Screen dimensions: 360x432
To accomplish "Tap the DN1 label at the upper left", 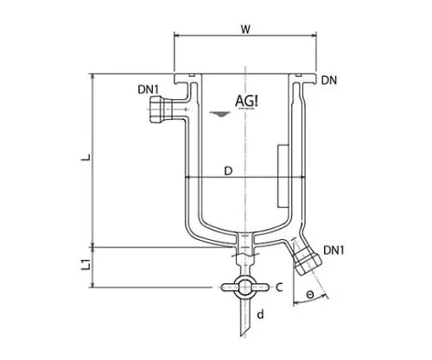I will [148, 90].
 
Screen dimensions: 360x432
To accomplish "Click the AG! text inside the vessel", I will [249, 101].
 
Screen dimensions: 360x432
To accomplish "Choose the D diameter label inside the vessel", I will [228, 171].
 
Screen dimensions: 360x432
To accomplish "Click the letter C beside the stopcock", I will [281, 287].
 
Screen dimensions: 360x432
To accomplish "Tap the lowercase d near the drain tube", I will [259, 315].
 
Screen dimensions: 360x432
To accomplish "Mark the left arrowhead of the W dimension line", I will [178, 35].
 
